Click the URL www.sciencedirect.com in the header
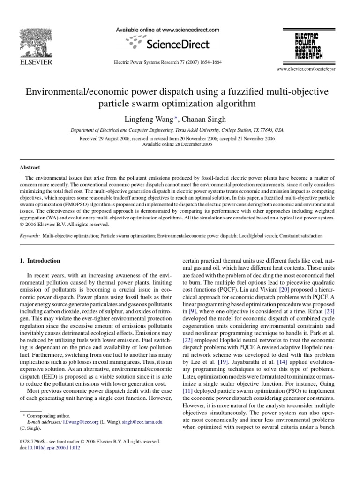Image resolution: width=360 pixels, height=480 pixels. tap(185, 29)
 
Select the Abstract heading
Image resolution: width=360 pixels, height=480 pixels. tap(30, 167)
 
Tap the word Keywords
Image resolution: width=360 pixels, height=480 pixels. tap(30, 236)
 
